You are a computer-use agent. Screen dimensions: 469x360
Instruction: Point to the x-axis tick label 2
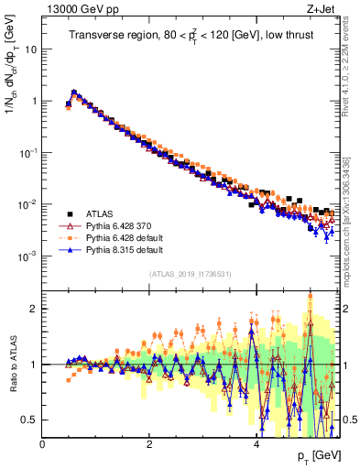149,444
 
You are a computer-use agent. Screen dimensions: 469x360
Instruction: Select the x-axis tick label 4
256,444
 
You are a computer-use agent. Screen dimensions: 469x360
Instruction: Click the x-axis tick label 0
43,444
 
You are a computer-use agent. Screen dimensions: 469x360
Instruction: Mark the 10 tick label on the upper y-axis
31,49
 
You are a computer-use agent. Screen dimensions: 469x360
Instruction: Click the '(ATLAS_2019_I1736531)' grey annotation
190,274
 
